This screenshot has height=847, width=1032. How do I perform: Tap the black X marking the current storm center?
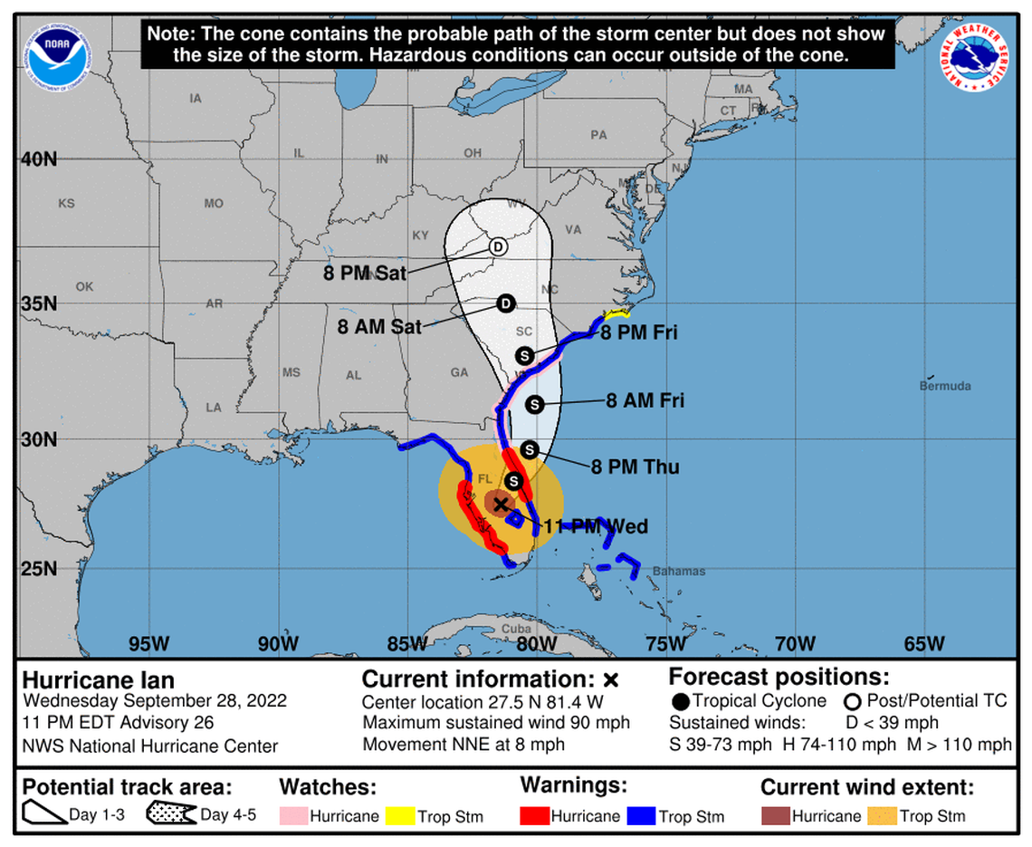point(501,504)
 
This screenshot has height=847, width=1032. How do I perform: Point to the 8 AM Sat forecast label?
point(379,327)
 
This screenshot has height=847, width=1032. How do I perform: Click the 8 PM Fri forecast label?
point(638,333)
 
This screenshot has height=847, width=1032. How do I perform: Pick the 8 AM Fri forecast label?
point(645,400)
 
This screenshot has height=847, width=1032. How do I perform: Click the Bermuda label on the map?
point(945,387)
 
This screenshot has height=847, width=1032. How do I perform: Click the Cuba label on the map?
point(515,629)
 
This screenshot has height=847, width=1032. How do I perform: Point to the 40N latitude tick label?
point(39,159)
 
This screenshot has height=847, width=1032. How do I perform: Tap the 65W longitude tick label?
point(924,644)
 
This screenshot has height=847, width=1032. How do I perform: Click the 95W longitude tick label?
point(148,644)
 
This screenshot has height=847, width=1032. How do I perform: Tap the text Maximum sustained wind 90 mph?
point(496,723)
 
